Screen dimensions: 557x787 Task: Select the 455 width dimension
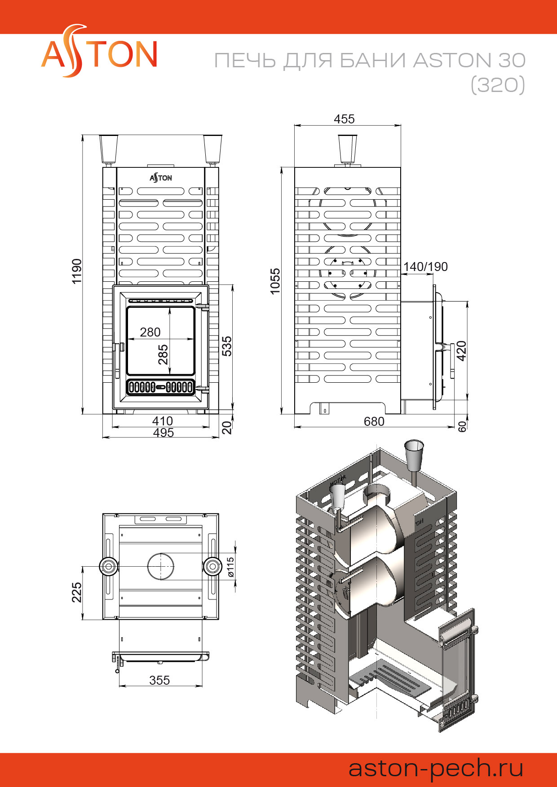click(x=345, y=119)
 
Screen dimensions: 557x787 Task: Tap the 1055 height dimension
click(x=275, y=281)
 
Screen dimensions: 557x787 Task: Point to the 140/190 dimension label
click(x=425, y=267)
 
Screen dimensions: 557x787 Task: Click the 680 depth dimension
click(x=374, y=421)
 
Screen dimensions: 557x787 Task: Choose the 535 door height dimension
click(x=227, y=346)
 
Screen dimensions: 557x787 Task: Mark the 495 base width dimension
click(x=163, y=433)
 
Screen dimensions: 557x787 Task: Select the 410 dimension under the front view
click(x=162, y=421)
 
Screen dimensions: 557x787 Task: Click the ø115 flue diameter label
click(x=230, y=567)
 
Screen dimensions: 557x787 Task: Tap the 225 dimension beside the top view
click(x=77, y=592)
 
